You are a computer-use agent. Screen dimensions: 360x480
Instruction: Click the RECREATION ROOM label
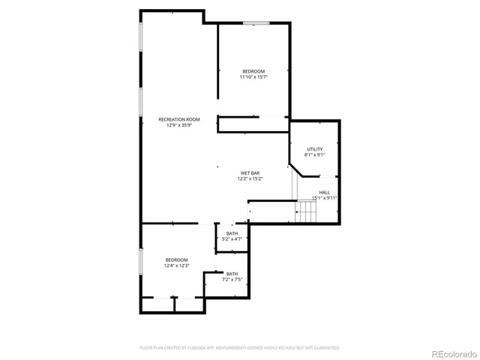178,119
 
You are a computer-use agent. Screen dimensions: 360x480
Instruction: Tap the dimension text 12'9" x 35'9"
178,125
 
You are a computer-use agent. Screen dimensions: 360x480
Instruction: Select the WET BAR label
250,173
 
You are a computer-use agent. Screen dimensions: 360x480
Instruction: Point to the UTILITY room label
314,149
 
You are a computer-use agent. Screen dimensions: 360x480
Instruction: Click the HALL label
324,192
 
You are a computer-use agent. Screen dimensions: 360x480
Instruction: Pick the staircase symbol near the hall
307,214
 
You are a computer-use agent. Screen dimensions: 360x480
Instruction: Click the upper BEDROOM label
253,71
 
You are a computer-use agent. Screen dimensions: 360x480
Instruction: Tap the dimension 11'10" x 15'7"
253,77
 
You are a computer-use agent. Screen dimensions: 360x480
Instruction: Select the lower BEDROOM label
176,259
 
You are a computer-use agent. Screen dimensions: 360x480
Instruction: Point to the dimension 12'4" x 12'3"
176,265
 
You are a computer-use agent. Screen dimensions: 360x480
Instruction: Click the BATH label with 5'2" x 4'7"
232,234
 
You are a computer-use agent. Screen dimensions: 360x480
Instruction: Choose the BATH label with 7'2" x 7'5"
232,274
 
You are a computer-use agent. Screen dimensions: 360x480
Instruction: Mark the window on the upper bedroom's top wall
256,23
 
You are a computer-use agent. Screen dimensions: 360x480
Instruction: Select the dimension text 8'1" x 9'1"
314,155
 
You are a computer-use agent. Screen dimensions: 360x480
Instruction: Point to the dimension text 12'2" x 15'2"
250,179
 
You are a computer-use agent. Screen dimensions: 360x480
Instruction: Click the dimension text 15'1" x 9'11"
324,198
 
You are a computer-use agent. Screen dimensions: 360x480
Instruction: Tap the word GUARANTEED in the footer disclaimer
326,348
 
